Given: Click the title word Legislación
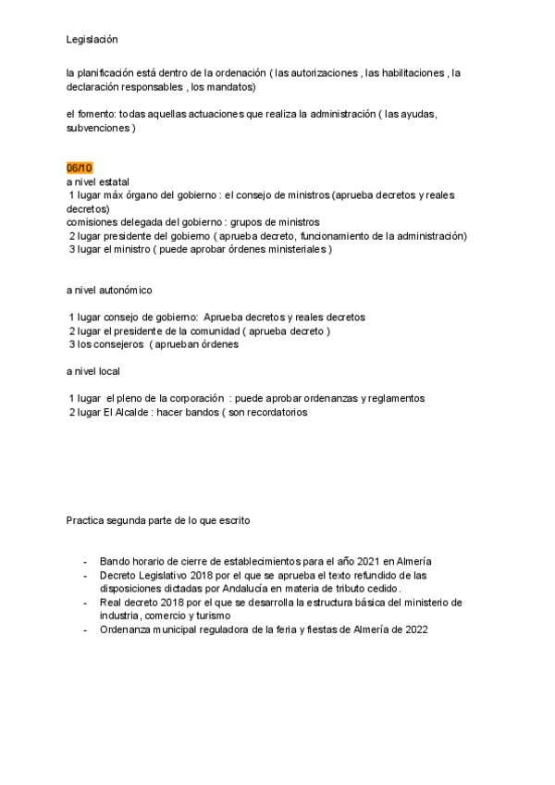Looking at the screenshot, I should [92, 40].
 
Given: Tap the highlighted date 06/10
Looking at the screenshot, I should [80, 168].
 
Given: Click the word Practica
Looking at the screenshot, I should [87, 520].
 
